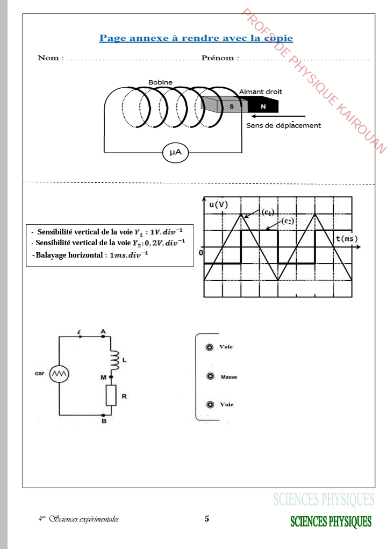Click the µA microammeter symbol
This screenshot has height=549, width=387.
(175, 153)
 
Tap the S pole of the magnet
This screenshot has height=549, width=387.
(232, 106)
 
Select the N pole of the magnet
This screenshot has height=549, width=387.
(263, 106)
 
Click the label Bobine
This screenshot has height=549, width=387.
(160, 82)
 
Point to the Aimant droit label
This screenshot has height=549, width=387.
(261, 92)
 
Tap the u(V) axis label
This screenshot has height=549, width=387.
(218, 204)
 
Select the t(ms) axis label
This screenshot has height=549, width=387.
(347, 239)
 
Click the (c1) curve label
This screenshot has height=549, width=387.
(268, 212)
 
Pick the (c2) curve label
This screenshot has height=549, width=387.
(288, 221)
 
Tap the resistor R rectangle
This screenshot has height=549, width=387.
(111, 395)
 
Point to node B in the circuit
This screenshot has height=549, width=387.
(103, 415)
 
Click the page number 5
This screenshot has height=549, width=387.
(207, 519)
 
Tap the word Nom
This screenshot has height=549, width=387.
(48, 58)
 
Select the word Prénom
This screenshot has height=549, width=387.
(218, 58)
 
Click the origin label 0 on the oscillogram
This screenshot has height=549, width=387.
(201, 252)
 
